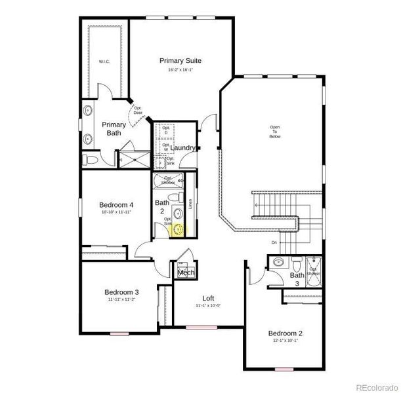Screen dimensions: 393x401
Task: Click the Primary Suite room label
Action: pyautogui.click(x=180, y=60)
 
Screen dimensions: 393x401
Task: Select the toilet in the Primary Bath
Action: pyautogui.click(x=90, y=159)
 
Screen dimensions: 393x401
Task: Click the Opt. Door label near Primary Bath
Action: pyautogui.click(x=138, y=111)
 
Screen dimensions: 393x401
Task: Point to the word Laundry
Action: pyautogui.click(x=184, y=148)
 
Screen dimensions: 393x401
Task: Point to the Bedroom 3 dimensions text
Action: pyautogui.click(x=121, y=299)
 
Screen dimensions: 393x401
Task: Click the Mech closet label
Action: pyautogui.click(x=186, y=272)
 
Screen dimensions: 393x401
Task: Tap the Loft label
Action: pyautogui.click(x=208, y=298)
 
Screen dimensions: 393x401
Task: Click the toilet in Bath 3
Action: pyautogui.click(x=297, y=265)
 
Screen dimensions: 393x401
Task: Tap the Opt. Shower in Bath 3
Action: pyautogui.click(x=314, y=270)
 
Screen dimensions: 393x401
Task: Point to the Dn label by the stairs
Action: pyautogui.click(x=274, y=243)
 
